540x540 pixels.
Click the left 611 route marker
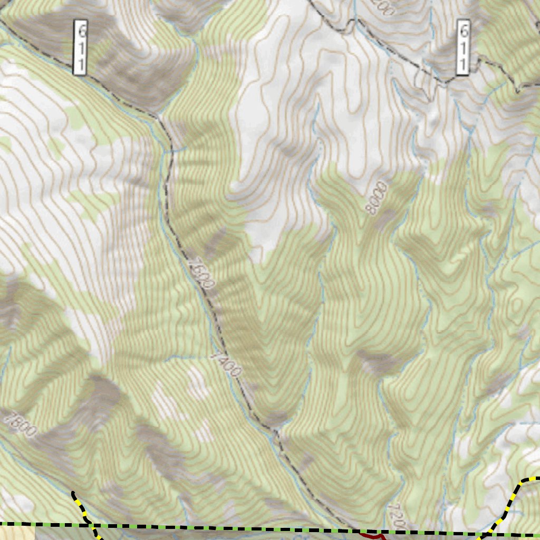point(80,47)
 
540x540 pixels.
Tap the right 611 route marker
point(462,47)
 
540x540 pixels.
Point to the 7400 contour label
point(225,364)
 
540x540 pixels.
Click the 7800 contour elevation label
point(20,423)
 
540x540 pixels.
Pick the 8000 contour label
point(378,198)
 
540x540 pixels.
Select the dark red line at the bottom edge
point(372,536)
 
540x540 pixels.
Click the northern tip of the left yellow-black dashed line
point(73,493)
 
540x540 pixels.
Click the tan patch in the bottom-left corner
point(16,534)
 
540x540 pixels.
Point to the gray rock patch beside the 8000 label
point(388,217)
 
